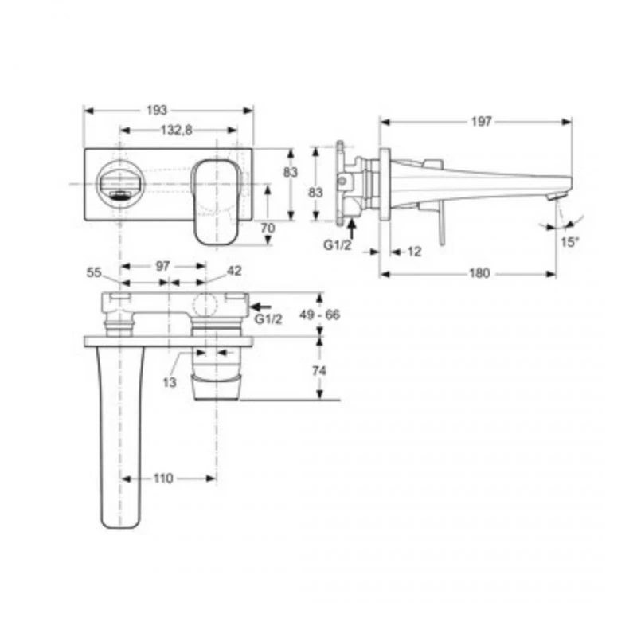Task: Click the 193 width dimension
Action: [168, 111]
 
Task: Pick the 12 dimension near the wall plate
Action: [413, 252]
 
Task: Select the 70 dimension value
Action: [268, 227]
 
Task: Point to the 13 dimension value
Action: [170, 382]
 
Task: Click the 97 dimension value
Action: [162, 267]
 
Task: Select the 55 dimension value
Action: [95, 272]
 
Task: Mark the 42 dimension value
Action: [234, 271]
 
